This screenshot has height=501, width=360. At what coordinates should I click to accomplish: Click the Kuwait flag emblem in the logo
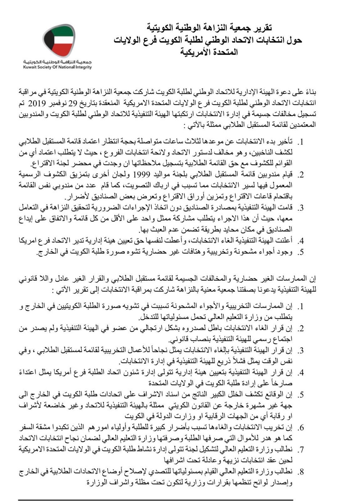[59, 41]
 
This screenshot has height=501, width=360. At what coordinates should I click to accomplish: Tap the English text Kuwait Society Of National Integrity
[58, 67]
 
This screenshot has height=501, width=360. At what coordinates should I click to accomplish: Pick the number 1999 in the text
[143, 175]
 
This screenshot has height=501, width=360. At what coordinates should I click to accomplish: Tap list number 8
[301, 472]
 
